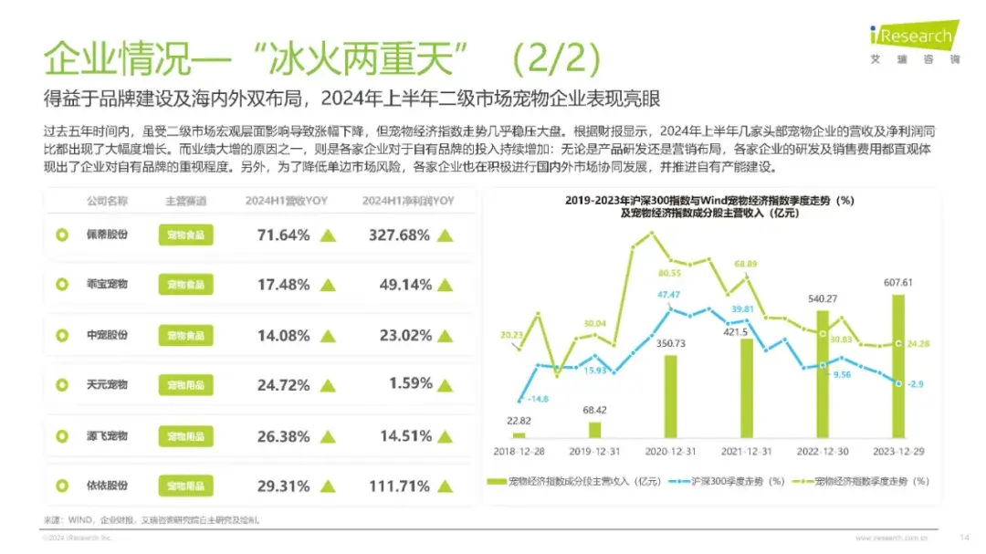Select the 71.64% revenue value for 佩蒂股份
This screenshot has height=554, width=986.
click(284, 235)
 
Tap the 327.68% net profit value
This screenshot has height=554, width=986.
click(400, 235)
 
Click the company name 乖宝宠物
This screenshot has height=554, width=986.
click(107, 285)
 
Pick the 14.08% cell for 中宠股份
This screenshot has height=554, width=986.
click(284, 335)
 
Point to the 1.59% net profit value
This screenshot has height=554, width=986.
click(410, 384)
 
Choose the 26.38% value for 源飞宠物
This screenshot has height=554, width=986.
click(284, 435)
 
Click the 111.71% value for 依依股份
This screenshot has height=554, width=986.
click(399, 486)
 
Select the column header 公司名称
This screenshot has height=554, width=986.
click(107, 201)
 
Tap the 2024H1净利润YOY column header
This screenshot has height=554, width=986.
click(408, 201)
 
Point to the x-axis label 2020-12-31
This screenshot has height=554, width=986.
click(672, 451)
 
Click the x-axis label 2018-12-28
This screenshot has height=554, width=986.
click(519, 451)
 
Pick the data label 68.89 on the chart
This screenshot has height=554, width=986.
click(746, 265)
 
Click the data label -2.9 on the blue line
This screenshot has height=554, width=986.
click(916, 384)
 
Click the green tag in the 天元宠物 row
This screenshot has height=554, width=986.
click(185, 385)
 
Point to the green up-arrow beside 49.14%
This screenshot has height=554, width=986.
click(445, 286)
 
